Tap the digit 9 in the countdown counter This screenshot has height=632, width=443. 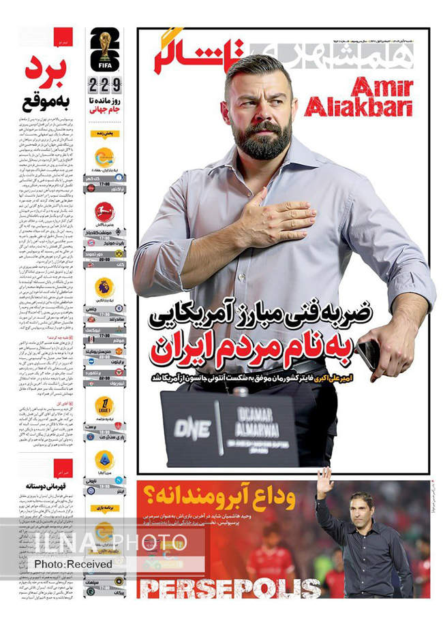(x=117, y=86)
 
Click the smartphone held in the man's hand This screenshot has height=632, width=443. (x=369, y=353)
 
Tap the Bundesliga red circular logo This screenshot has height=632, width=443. (x=104, y=212)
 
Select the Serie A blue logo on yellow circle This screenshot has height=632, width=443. (x=104, y=460)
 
